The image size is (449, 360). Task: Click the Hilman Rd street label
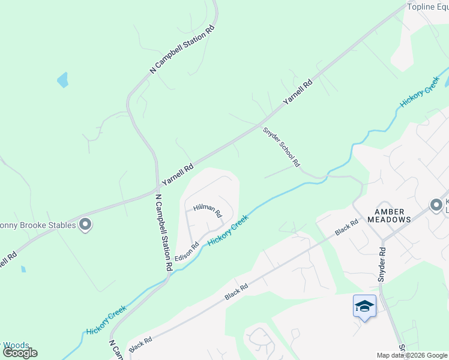click(208, 211)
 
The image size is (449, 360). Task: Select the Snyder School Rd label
click(281, 146)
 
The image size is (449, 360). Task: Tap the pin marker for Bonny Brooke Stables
click(85, 224)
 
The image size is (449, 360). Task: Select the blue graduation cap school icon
click(364, 306)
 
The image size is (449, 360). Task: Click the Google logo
click(20, 353)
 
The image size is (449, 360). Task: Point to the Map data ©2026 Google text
click(411, 355)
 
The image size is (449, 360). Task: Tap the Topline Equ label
click(427, 7)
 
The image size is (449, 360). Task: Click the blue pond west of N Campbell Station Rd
click(62, 80)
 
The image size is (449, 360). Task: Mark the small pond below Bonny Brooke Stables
click(23, 269)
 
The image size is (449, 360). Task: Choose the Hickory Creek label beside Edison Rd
click(228, 230)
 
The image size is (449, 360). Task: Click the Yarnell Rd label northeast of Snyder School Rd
click(298, 92)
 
